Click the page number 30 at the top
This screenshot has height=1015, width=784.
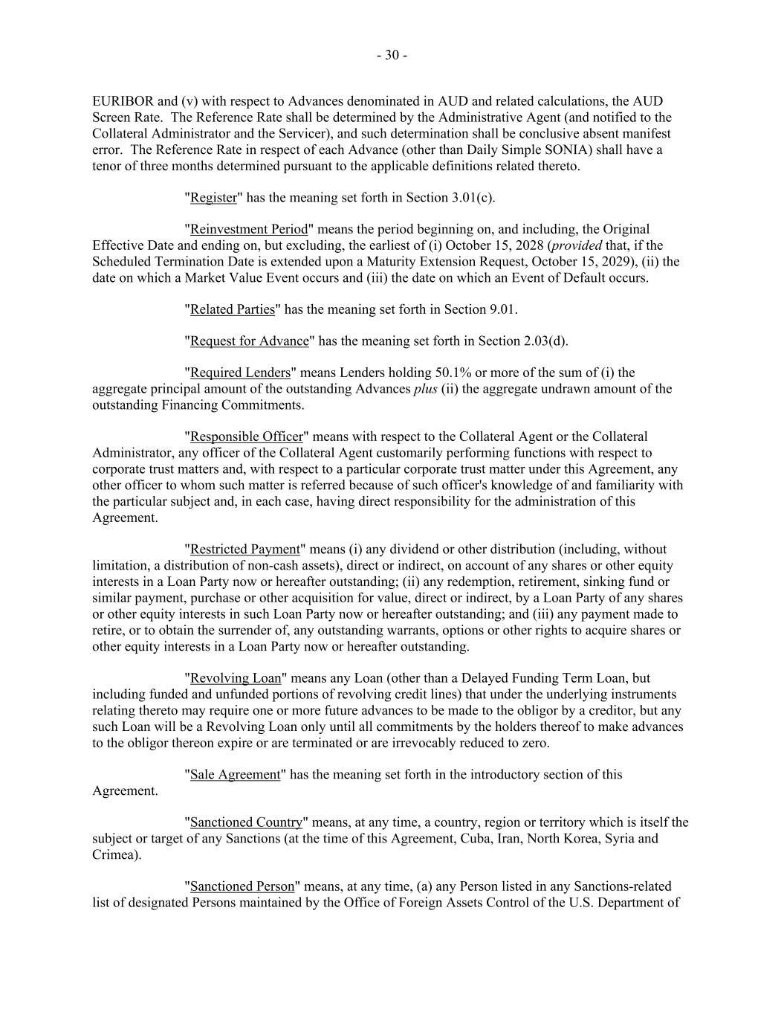[x=392, y=55]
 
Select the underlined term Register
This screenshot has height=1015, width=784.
[x=213, y=198]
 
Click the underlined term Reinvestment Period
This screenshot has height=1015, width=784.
[x=249, y=229]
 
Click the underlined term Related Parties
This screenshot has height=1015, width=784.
[x=233, y=309]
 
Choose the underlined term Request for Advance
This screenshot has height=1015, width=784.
[x=249, y=341]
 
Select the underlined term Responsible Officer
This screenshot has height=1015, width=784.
[x=247, y=436]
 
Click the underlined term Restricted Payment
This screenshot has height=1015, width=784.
[x=245, y=550]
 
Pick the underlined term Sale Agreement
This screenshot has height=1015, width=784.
[x=236, y=775]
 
